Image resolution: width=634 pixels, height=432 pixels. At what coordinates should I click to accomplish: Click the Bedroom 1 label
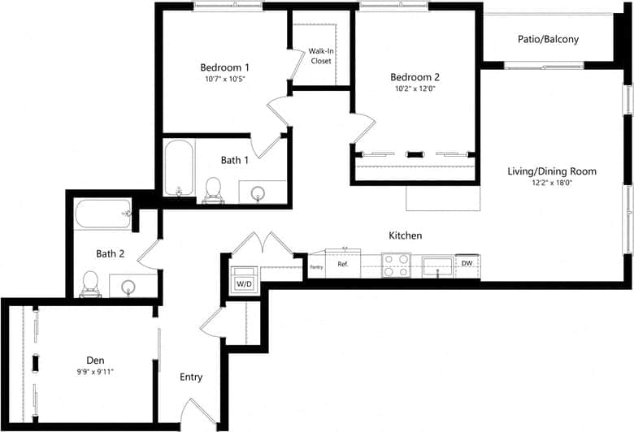(224, 67)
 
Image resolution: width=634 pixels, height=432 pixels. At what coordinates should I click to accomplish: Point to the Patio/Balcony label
(548, 39)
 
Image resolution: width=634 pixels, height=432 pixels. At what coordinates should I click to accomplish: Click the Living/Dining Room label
(552, 171)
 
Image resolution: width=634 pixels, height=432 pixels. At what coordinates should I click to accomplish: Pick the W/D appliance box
(243, 283)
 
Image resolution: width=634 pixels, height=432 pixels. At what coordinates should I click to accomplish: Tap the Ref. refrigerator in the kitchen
(343, 264)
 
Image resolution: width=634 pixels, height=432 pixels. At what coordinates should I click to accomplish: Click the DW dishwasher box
(467, 263)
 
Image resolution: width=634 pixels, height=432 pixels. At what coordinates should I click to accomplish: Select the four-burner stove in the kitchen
(396, 265)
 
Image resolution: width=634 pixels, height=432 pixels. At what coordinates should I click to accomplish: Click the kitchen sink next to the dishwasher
(437, 265)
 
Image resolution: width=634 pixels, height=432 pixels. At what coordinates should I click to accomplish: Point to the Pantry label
(316, 265)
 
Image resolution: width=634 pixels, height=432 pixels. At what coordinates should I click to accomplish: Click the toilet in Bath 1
(214, 188)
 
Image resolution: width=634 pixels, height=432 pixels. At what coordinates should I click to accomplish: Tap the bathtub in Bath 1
(177, 168)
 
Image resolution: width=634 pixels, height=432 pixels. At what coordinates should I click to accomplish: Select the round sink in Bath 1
(258, 193)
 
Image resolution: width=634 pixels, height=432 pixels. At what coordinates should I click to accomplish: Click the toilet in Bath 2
(89, 283)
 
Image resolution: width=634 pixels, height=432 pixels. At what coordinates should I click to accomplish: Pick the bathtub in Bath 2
(103, 214)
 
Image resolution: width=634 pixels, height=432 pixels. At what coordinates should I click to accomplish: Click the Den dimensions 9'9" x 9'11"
(96, 373)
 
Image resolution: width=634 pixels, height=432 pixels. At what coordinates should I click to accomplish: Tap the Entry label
(191, 377)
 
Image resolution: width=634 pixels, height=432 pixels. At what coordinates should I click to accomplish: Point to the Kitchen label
(405, 235)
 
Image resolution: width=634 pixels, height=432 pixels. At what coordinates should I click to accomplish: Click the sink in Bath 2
(128, 287)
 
